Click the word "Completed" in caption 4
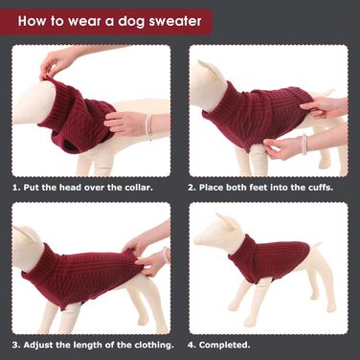[x=223, y=345]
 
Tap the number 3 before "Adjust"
[x=15, y=345]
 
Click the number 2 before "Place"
[x=191, y=188]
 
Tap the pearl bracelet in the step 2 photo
[x=304, y=145]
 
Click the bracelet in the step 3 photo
[x=166, y=255]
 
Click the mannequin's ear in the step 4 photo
[x=227, y=221]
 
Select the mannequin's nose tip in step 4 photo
[x=196, y=240]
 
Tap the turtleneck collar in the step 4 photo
[x=241, y=245]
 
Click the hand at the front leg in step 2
[x=281, y=148]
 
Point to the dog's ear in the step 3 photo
[x=27, y=233]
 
